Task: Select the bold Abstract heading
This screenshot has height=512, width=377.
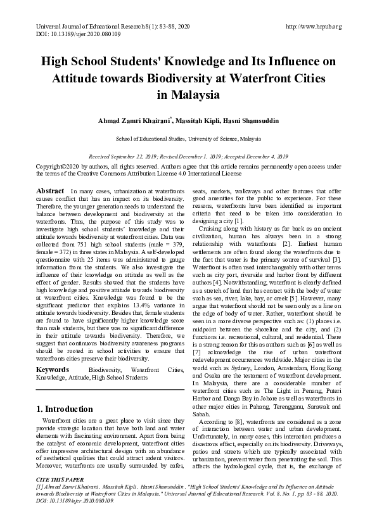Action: pos(50,191)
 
